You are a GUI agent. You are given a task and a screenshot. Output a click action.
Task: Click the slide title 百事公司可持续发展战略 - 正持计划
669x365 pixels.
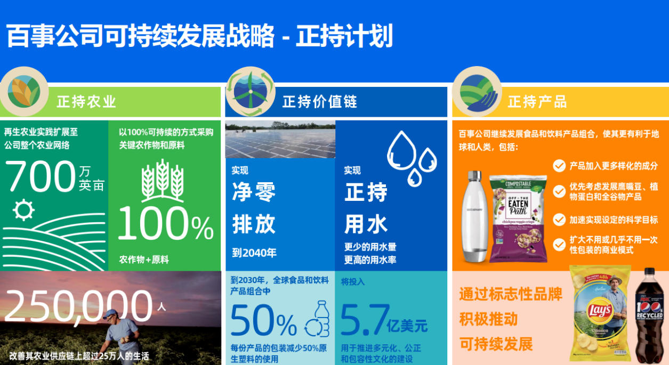point(199,36)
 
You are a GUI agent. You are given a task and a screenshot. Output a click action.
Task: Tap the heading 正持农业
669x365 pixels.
point(86,101)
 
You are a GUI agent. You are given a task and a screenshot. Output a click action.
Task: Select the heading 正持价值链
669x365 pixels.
point(319,101)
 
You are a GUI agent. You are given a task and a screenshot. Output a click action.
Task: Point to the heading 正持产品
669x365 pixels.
point(537,101)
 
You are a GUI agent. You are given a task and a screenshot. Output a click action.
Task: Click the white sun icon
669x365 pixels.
point(23,209)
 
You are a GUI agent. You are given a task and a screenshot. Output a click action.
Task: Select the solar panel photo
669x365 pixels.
point(280,140)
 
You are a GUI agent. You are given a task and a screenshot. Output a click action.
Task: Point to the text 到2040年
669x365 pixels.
point(254,253)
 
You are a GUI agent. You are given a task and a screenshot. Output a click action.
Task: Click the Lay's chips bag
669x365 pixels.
point(600,314)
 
